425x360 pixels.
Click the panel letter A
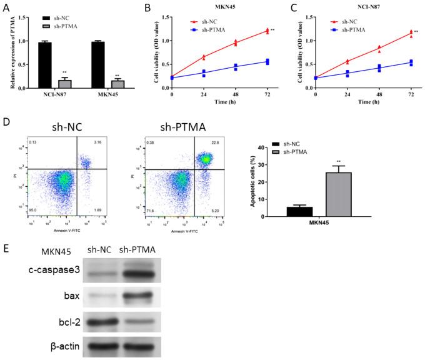(x=6, y=9)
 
